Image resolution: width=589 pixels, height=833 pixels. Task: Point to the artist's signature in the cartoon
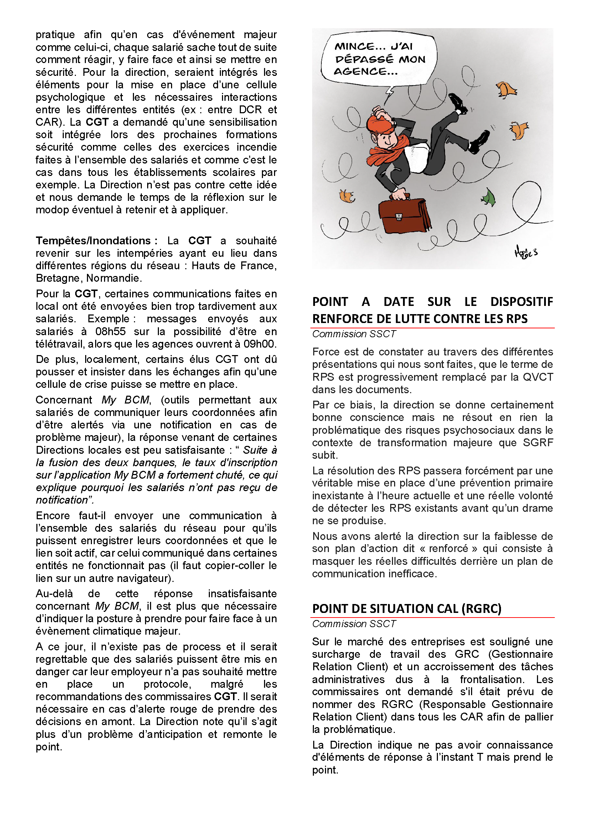(526, 251)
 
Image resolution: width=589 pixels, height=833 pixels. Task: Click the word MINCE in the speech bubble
(354, 46)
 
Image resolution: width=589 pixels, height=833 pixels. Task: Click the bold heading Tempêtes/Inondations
(93, 240)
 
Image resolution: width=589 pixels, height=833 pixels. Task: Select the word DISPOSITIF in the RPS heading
(522, 302)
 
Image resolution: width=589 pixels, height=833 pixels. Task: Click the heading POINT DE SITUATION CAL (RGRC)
(407, 608)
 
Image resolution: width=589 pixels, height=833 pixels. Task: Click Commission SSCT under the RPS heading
(354, 334)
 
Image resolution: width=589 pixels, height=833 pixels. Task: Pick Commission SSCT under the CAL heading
(354, 624)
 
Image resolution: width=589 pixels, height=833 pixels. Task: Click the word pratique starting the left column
(55, 35)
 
